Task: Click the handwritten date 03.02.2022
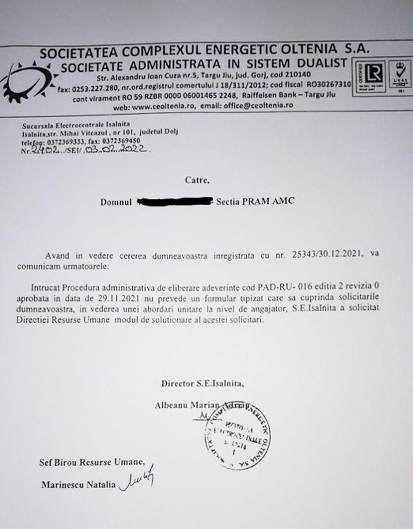pos(124,152)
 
